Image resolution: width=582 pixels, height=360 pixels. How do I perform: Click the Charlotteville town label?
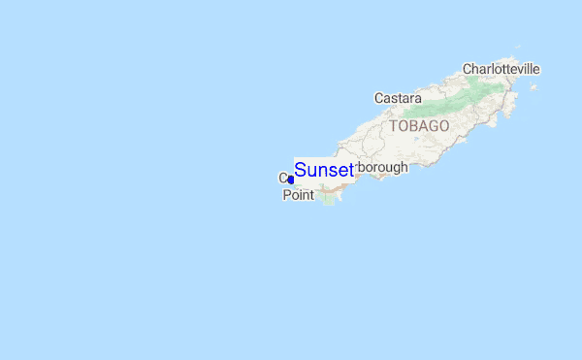pos(501,69)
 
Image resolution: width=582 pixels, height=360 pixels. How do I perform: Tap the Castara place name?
pos(398,98)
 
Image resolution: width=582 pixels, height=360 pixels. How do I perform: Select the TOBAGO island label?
pos(420,126)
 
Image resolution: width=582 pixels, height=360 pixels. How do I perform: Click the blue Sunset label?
pos(324,171)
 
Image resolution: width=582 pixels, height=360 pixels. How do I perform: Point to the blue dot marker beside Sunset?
pos(291,180)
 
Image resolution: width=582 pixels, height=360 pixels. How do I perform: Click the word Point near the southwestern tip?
pos(299,195)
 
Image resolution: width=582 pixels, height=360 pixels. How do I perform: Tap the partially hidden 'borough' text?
pos(382,167)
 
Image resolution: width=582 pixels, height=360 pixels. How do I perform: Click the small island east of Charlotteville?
pos(533,87)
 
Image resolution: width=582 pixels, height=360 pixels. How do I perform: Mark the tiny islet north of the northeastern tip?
pos(519,46)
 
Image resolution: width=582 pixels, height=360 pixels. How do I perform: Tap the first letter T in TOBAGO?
pos(394,126)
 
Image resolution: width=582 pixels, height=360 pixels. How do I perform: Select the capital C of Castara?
pos(379,98)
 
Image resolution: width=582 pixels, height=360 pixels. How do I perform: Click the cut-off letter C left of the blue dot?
pos(283,178)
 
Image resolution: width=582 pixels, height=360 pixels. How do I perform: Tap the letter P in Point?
pos(287,195)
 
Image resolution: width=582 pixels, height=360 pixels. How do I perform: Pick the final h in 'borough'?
pos(404,166)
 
